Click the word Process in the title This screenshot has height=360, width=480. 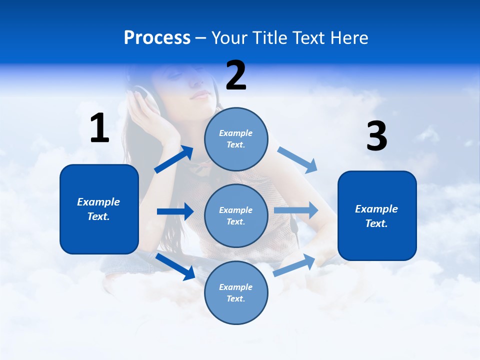157,38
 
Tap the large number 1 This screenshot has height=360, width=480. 99,128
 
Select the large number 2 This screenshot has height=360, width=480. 236,75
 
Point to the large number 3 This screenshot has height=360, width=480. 376,136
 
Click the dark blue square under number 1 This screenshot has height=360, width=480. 99,209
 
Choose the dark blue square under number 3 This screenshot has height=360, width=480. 377,215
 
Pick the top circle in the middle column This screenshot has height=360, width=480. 236,138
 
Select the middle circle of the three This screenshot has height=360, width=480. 236,215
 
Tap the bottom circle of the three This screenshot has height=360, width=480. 236,292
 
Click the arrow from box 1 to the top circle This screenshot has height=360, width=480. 174,159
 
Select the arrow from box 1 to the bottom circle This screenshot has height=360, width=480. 175,266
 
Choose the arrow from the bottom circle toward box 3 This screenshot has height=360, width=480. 294,265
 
